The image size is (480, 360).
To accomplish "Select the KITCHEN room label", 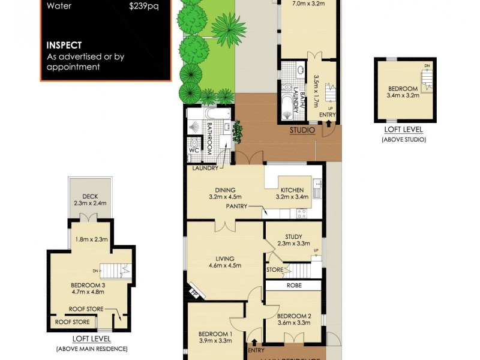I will point(292,190).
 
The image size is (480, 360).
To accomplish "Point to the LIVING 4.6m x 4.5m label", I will point(224,262).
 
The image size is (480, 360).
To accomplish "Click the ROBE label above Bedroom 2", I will point(293,286).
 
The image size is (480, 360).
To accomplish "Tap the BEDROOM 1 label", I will point(215,334).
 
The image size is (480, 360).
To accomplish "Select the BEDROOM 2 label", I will point(293,316).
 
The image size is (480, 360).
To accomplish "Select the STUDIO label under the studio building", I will point(302,129).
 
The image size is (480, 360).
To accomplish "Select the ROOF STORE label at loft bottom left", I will point(73,322).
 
